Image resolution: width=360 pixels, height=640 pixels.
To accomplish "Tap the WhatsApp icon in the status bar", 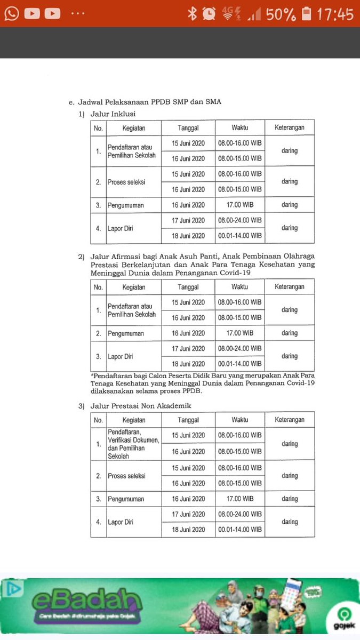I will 12,13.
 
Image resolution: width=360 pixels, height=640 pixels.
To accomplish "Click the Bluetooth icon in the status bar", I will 192,14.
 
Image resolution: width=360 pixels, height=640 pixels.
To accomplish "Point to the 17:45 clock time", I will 335,14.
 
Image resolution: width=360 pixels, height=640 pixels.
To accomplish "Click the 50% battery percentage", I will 281,14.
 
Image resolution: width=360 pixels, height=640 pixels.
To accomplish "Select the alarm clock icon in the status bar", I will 210,14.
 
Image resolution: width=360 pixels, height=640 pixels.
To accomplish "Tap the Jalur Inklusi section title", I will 113,114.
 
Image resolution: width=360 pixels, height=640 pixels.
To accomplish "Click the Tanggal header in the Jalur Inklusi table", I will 188,128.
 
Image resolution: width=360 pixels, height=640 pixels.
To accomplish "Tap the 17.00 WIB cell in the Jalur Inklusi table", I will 239,205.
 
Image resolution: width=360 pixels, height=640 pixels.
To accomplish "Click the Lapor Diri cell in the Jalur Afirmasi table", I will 121,356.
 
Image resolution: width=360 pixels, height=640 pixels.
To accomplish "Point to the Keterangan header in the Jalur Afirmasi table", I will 290,287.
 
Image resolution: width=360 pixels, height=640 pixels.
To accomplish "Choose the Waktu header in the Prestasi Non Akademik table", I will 239,420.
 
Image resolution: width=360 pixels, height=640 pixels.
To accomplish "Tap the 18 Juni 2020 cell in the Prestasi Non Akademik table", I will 188,530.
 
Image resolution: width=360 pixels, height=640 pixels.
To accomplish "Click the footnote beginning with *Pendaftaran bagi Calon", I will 202,383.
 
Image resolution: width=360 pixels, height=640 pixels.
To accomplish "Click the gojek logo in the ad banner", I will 337,618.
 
